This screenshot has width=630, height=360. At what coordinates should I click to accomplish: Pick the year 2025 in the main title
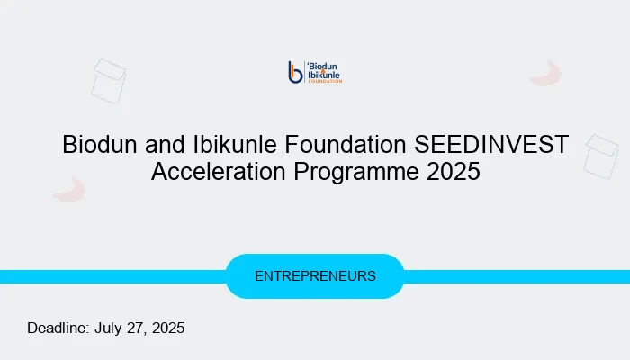click(452, 172)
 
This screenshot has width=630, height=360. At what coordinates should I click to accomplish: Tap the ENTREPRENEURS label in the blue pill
click(315, 276)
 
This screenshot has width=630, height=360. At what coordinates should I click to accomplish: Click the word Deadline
click(58, 328)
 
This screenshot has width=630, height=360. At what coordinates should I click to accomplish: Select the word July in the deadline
click(111, 328)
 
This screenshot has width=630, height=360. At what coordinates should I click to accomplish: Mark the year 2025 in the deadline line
click(168, 328)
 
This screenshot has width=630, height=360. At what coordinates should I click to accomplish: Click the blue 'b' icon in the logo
click(294, 72)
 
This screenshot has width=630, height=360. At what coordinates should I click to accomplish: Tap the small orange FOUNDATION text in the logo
click(325, 81)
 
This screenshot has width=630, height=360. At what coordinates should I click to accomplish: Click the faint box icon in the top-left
click(108, 79)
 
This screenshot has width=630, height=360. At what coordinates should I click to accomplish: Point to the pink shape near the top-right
click(545, 74)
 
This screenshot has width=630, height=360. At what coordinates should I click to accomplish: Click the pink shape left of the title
click(68, 189)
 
